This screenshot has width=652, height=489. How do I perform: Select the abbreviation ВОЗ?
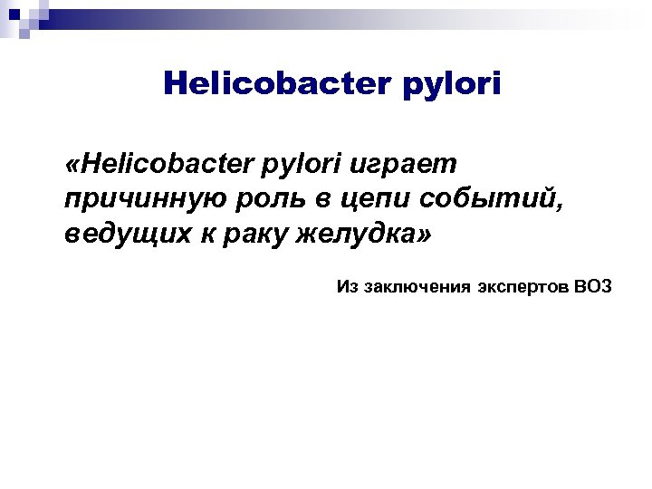(593, 287)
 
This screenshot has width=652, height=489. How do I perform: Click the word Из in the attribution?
(348, 287)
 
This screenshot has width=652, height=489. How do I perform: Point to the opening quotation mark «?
(72, 167)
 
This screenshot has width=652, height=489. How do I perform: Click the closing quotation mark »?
(425, 235)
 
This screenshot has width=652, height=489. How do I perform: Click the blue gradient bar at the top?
(362, 17)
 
